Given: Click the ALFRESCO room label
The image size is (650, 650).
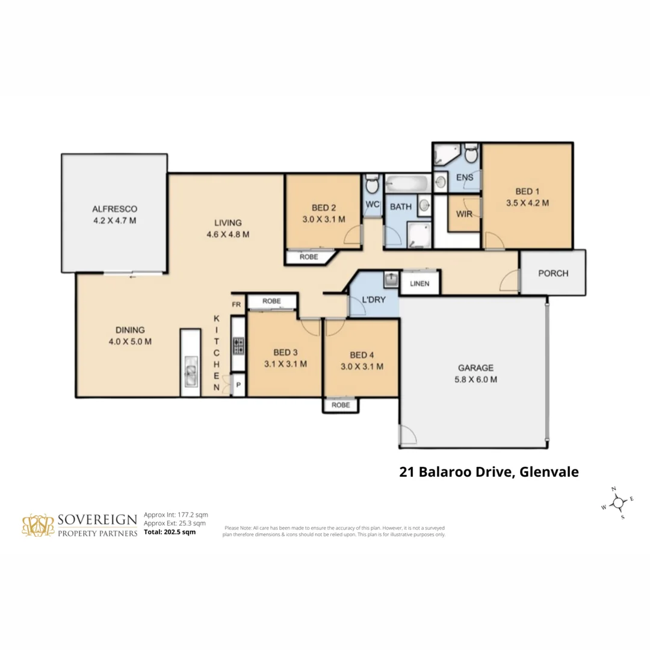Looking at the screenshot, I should click(x=114, y=209).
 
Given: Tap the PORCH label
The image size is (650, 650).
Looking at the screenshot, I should click(x=552, y=273).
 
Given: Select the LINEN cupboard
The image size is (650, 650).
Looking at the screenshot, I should click(x=419, y=283).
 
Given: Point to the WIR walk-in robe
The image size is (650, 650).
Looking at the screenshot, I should click(x=464, y=214).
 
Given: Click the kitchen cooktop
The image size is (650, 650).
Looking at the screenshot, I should click(x=238, y=345).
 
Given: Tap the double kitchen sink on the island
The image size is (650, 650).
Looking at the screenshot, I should click(x=190, y=373).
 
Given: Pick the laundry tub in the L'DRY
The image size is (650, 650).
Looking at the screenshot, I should click(x=389, y=280).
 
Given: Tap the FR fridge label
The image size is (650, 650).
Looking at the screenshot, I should click(x=237, y=305).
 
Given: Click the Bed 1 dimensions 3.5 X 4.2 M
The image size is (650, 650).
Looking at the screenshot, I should click(x=527, y=203).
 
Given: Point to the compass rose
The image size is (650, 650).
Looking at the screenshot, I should click(x=617, y=502).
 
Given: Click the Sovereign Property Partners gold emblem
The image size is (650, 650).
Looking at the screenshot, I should click(x=38, y=525).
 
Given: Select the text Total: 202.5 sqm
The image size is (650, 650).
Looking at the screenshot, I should click(x=170, y=532).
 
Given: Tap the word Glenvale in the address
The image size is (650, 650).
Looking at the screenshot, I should click(x=548, y=472).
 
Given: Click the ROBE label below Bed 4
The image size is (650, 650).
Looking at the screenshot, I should click(x=341, y=406).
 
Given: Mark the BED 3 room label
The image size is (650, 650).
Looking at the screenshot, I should click(x=285, y=352).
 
